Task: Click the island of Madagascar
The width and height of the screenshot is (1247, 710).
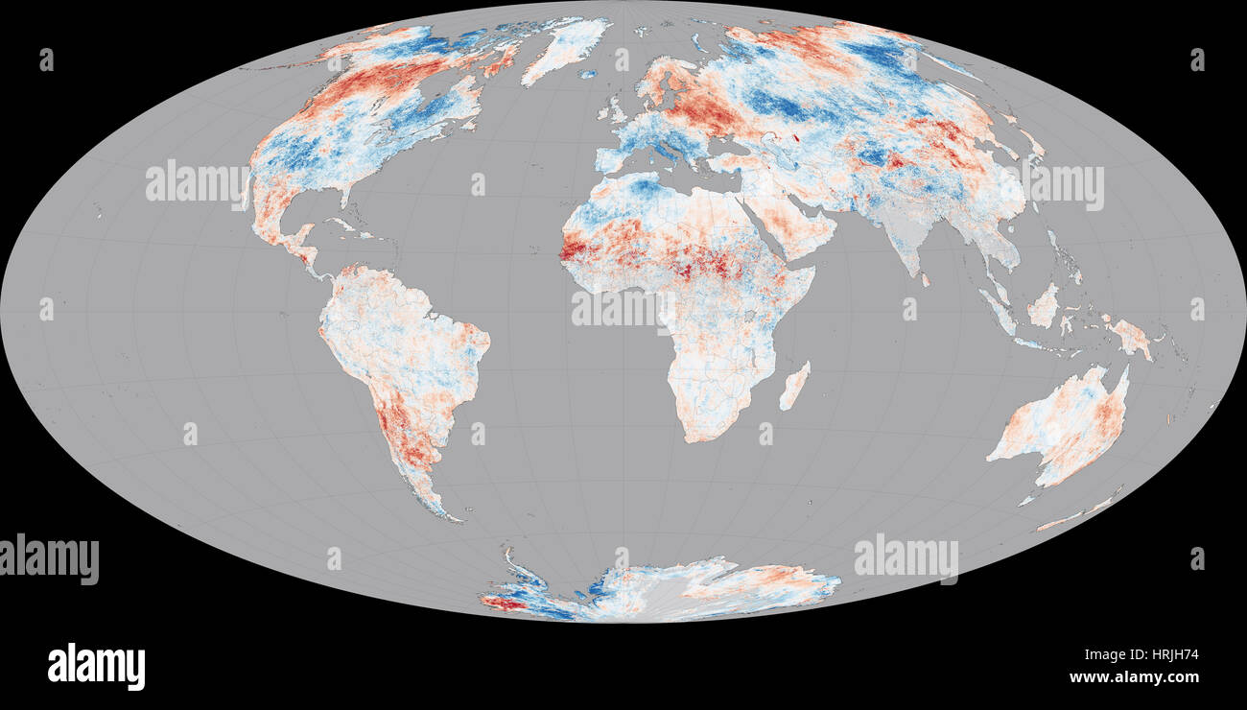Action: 795,385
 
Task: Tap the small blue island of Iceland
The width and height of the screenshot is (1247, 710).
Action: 587,74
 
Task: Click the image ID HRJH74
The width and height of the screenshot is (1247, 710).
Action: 1168,655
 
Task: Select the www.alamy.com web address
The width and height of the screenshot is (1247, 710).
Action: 1133,677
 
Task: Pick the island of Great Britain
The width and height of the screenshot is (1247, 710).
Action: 614,113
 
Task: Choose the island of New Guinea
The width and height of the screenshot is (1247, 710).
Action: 1130,336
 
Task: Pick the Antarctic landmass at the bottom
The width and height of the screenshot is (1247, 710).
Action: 662,588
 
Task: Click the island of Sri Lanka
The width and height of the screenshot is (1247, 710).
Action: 926,280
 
